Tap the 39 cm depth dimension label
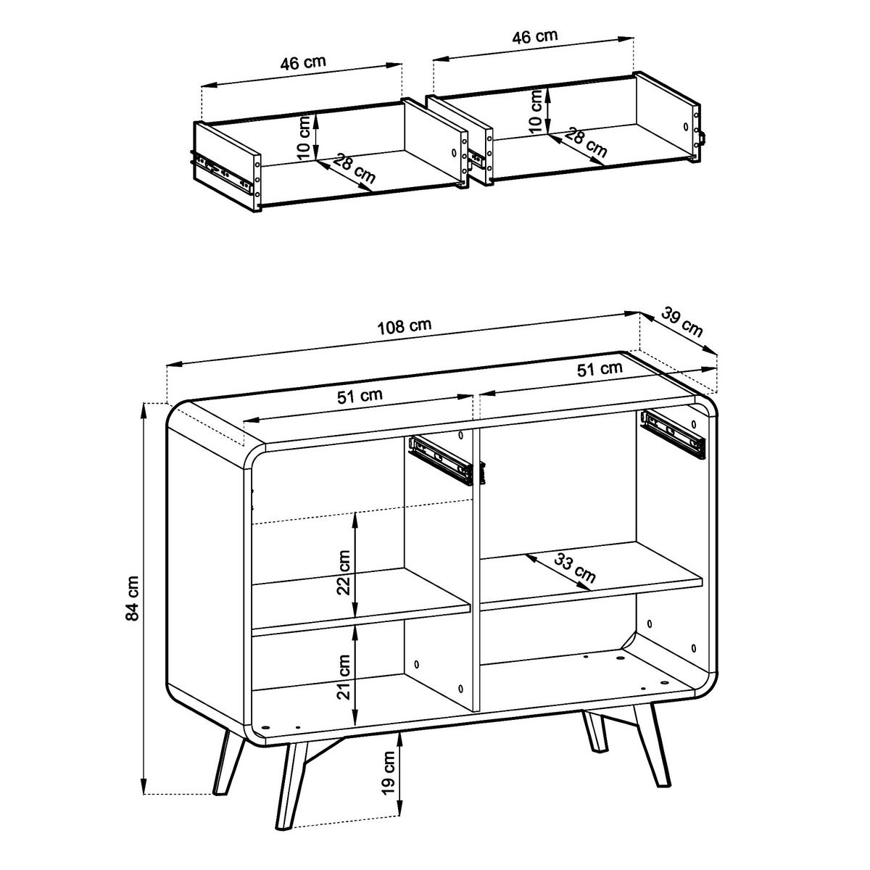tap(682, 321)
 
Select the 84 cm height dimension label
tap(133, 598)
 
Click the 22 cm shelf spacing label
tap(344, 572)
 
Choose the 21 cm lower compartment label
tap(344, 676)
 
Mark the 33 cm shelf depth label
tap(575, 568)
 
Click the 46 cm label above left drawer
tap(303, 62)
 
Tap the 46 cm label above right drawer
tap(534, 37)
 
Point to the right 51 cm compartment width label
tap(600, 368)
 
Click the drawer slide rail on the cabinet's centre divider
tap(441, 460)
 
